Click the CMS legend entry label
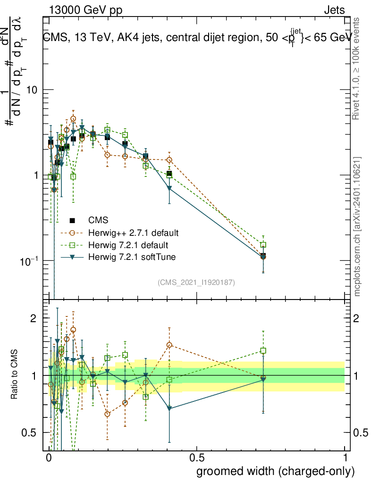point(98,220)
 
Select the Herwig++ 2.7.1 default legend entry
point(133,233)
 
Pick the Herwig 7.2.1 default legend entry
point(128,245)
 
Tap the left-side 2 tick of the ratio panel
point(34,319)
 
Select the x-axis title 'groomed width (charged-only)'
point(275,471)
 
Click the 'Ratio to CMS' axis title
point(16,375)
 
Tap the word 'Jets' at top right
point(334,10)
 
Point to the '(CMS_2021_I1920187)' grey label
point(196,282)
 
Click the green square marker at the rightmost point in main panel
point(263,245)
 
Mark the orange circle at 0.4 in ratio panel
point(169,345)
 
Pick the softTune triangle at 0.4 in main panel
point(169,189)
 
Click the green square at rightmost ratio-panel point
point(263,351)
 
